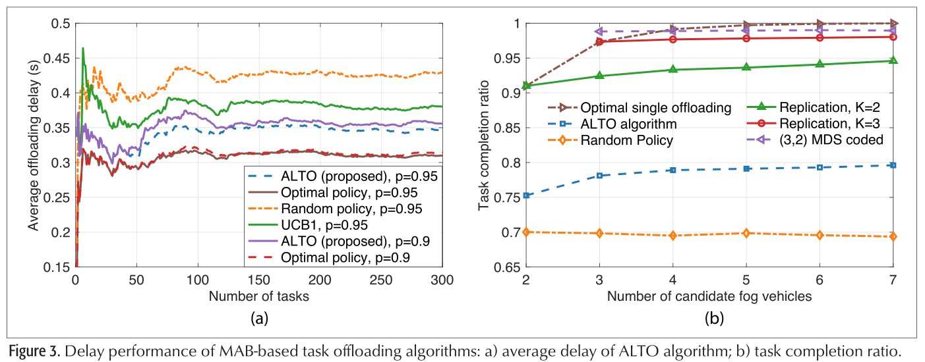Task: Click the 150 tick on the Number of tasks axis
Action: pos(258,280)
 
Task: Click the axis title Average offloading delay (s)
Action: pos(32,145)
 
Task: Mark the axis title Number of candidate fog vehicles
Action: pos(709,296)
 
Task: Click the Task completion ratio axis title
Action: pos(485,145)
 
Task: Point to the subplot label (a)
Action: pos(258,319)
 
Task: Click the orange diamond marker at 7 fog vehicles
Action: pos(893,236)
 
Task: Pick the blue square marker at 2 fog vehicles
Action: pos(526,195)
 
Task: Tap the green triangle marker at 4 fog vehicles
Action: pos(672,69)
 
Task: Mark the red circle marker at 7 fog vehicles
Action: pos(893,37)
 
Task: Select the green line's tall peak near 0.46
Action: pos(83,48)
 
